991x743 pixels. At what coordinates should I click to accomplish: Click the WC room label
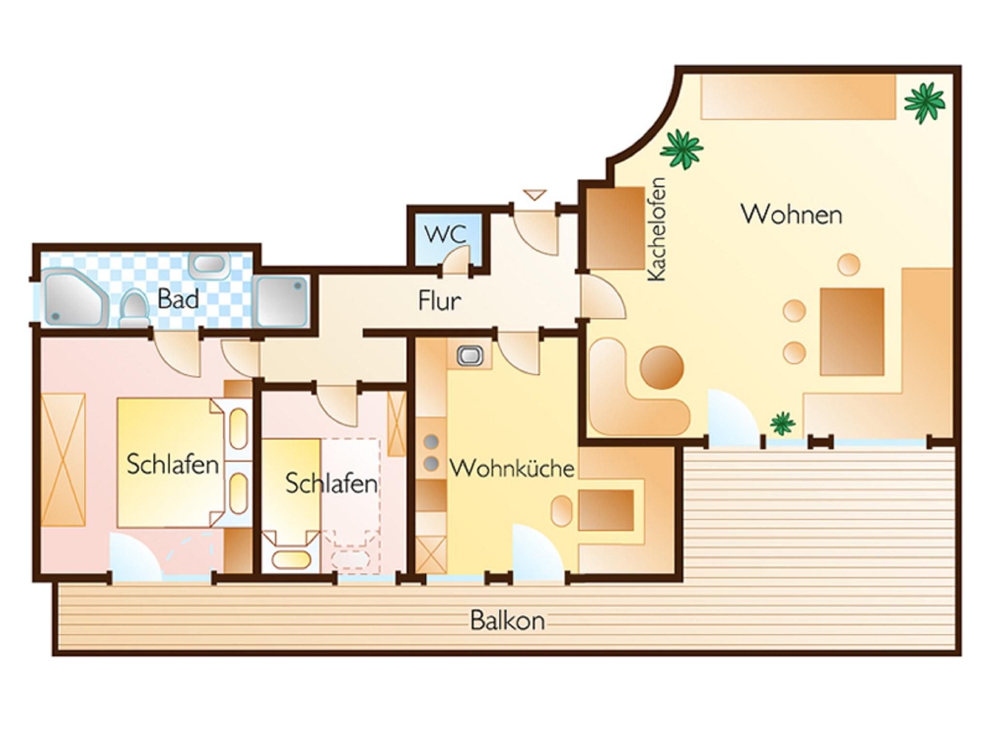click(445, 235)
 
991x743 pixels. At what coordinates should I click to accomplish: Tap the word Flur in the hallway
click(439, 300)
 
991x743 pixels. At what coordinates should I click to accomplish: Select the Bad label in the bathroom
click(178, 299)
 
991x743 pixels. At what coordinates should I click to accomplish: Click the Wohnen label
click(792, 214)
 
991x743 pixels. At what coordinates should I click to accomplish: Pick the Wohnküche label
click(512, 468)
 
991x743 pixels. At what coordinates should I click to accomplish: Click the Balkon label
click(508, 621)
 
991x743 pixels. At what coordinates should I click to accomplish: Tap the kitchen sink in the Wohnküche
click(470, 356)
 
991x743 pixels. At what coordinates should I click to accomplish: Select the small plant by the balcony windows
click(782, 423)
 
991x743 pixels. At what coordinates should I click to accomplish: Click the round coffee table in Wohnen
click(662, 367)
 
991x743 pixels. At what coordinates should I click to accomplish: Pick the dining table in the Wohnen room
click(852, 331)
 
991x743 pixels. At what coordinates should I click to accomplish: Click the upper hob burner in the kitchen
click(431, 441)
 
